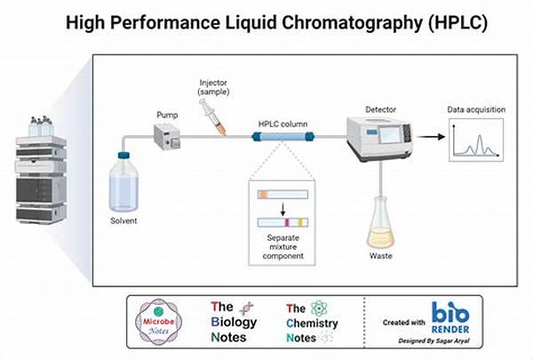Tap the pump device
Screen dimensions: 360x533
[169, 136]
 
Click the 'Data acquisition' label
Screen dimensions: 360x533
[476, 110]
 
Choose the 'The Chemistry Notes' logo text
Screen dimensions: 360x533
[311, 322]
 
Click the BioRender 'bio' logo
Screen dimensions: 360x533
[452, 314]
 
